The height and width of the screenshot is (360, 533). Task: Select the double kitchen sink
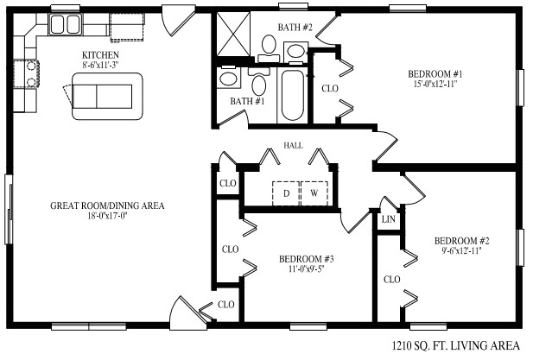65,22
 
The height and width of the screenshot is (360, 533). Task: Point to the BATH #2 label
295,28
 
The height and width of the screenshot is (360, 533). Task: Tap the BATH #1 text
247,102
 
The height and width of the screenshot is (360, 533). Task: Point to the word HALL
294,147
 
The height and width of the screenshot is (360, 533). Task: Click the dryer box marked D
285,193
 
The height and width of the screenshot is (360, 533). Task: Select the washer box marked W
314,193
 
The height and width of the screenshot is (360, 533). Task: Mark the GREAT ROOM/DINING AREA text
107,205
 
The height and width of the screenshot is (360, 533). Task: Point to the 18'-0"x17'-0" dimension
107,217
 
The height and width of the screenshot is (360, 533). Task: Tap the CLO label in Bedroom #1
329,88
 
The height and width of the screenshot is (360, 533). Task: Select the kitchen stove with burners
31,74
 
